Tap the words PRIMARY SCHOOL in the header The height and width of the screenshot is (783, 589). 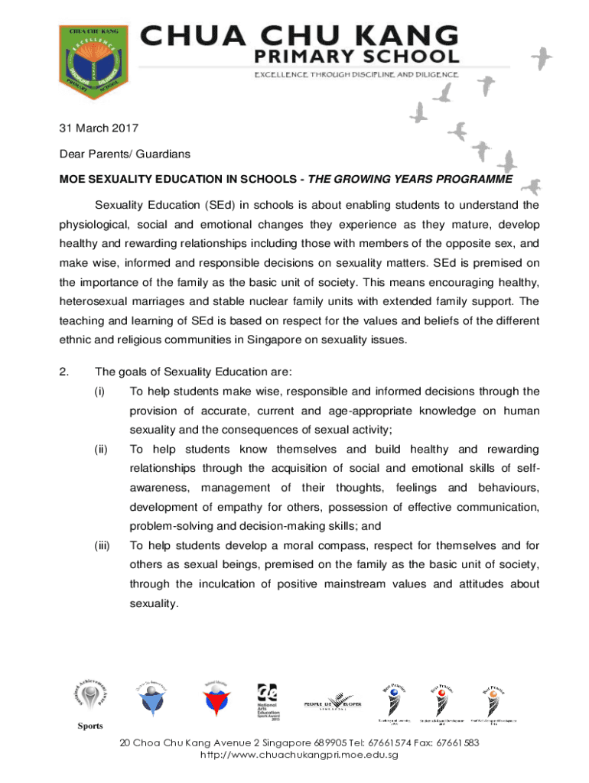(356, 57)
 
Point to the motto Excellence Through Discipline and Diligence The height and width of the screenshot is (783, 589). (356, 75)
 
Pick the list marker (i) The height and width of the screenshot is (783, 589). (99, 391)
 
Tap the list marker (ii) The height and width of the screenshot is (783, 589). (100, 449)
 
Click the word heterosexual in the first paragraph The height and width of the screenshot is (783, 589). (97, 301)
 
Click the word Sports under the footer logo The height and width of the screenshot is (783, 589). (90, 726)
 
